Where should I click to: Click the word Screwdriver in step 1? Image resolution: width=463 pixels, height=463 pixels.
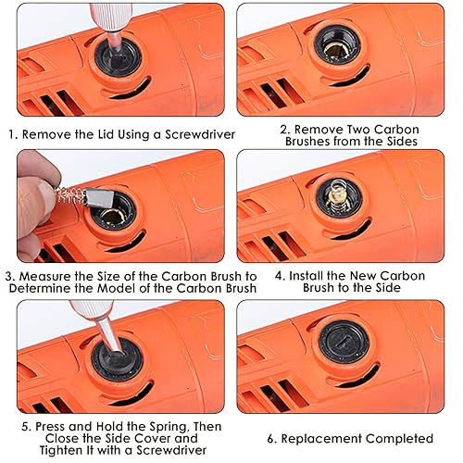[200, 135]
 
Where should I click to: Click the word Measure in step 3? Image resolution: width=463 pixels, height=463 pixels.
[44, 276]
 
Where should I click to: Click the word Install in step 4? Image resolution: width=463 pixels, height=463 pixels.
[305, 276]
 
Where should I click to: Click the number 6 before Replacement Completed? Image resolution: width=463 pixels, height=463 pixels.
[270, 439]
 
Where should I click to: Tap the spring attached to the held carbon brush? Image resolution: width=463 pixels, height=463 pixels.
[70, 196]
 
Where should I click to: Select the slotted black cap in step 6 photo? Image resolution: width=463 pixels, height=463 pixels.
[344, 342]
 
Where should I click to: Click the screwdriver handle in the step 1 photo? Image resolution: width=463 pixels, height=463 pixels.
[111, 17]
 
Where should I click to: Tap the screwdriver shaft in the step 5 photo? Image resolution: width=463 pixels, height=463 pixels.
[109, 335]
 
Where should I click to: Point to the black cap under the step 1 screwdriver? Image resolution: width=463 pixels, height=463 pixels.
[118, 58]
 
